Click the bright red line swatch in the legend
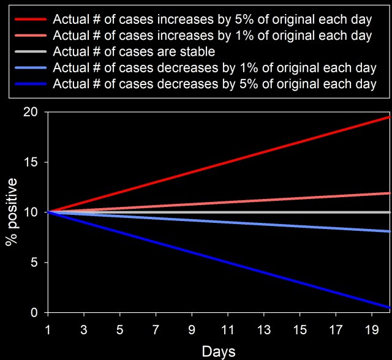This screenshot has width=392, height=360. click(31, 19)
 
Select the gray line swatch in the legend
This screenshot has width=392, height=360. click(31, 51)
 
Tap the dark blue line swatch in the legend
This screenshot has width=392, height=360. click(31, 84)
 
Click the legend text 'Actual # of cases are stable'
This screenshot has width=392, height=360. click(134, 51)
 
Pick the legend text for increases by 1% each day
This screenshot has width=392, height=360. click(213, 36)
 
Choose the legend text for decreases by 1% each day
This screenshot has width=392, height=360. click(215, 68)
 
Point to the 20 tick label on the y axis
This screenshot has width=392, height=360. click(31, 112)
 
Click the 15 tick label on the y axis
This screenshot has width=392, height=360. click(31, 162)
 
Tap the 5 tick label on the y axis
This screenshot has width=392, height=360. click(34, 263)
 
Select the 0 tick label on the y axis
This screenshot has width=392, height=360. click(34, 312)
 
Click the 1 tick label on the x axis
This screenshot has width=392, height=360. click(48, 330)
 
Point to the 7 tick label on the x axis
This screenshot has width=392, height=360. click(156, 330)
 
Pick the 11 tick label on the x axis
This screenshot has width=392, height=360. click(228, 330)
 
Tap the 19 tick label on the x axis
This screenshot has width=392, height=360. click(372, 330)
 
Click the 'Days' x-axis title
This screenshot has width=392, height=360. click(219, 351)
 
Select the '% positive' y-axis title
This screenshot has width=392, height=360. click(12, 212)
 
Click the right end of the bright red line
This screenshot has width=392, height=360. click(390, 117)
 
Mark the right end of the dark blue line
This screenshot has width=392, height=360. click(390, 307)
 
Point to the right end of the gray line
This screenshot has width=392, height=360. click(390, 212)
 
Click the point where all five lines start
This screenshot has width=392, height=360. click(48, 212)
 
